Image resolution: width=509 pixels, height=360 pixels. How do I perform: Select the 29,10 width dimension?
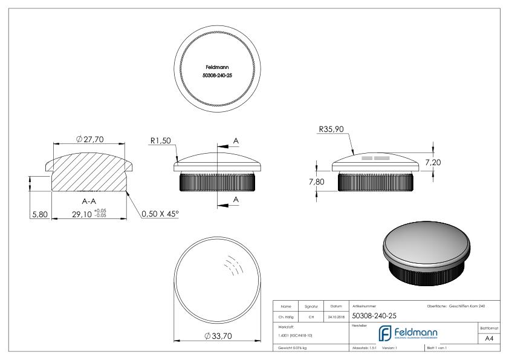tap(80, 214)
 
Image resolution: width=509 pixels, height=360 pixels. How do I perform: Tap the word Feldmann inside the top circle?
tap(216, 68)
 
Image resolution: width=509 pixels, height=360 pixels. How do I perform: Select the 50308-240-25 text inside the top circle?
tap(216, 77)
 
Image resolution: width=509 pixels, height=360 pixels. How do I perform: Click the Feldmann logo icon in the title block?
tap(386, 334)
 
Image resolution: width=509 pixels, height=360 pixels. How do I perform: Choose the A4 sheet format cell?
tap(490, 340)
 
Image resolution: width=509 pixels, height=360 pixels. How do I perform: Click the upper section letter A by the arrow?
tap(236, 140)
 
